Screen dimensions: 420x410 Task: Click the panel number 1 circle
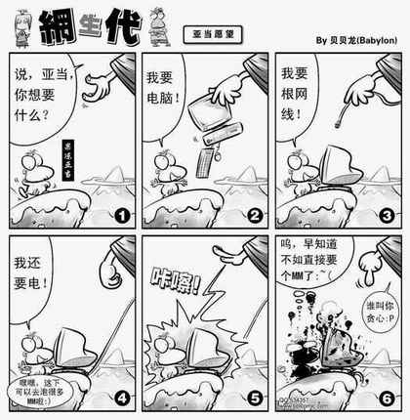[x=122, y=216]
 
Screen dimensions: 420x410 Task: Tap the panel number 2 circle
[x=255, y=216]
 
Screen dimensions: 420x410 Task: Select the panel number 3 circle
[x=388, y=216]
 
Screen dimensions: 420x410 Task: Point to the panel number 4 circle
[x=122, y=398]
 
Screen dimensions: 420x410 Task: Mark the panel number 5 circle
[x=255, y=398]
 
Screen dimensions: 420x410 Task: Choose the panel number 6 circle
[x=388, y=398]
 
